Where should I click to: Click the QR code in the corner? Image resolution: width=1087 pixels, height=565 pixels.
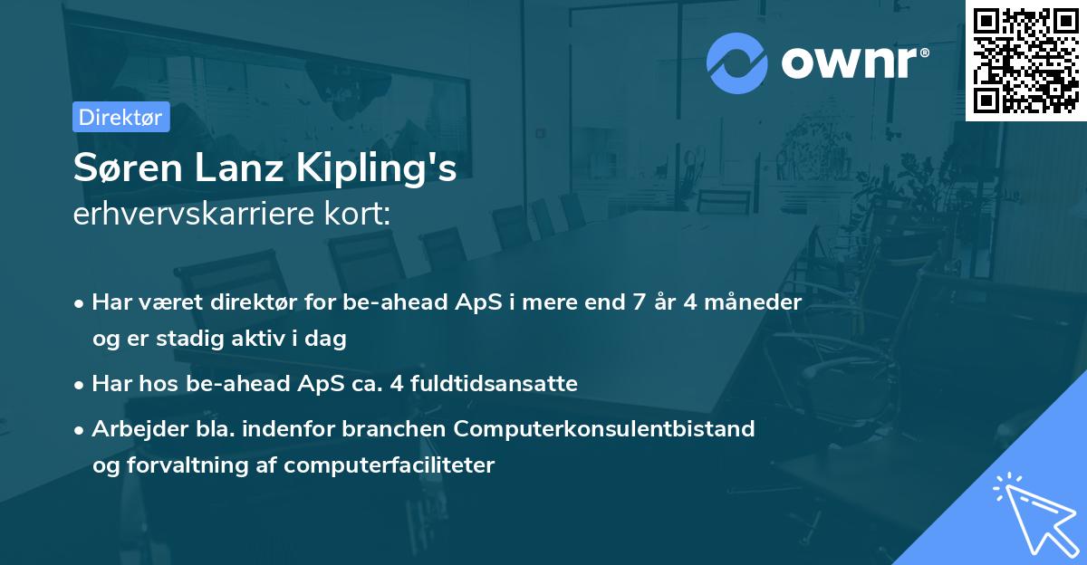(1025, 60)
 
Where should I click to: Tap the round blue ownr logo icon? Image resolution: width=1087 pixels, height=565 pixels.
(737, 62)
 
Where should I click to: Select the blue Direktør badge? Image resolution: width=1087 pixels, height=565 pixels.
(120, 117)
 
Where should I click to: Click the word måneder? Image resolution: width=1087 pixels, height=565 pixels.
(759, 302)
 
